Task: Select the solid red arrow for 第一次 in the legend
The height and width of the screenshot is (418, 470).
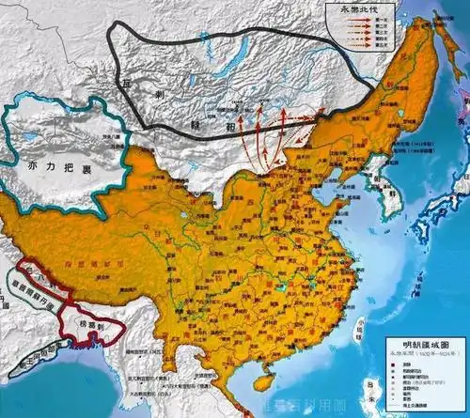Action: [x=354, y=20]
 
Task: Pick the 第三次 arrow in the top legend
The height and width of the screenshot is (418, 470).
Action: [x=354, y=31]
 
